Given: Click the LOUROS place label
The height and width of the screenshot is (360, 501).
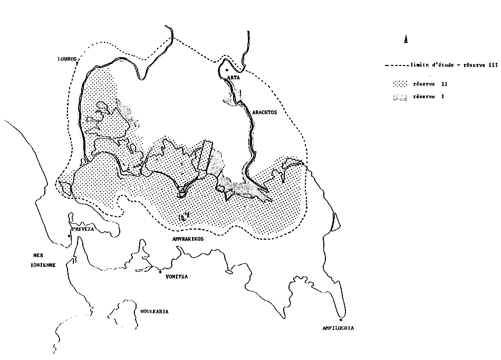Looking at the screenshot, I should pos(69,59).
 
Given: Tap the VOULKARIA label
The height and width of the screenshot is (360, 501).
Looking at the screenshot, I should pos(150,311).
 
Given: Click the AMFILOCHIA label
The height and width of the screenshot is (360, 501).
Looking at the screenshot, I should pos(338,328).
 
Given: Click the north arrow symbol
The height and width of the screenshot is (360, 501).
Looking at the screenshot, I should pos(405,40).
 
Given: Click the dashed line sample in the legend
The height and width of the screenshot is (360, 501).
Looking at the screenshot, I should pos(396,66).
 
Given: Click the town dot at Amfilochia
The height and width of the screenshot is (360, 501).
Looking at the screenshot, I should pos(341,319).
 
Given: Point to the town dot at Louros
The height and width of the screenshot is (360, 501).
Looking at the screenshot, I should pos(77,64).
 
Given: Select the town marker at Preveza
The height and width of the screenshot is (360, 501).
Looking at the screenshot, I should pos(69,236).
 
